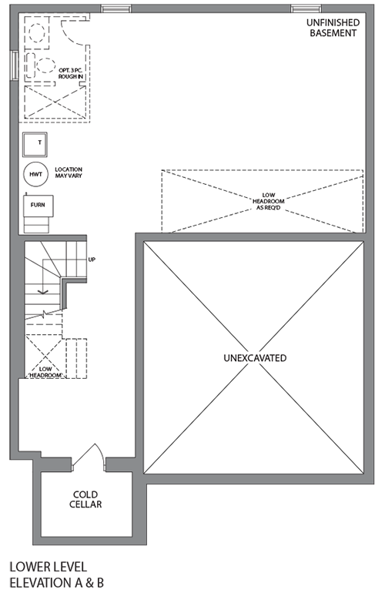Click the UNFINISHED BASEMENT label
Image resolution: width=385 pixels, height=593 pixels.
pos(333,28)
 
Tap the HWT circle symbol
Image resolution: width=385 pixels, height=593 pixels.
pos(36,174)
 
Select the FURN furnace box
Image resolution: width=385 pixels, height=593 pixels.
pos(38,206)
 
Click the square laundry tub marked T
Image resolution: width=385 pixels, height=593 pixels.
pos(35,144)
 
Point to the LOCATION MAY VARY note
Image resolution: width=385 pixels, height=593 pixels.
pos(69,173)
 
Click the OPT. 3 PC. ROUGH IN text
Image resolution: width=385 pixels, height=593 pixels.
pos(71,73)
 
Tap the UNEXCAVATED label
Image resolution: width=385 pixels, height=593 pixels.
pos(255,358)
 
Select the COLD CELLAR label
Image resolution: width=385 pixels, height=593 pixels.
pos(85,499)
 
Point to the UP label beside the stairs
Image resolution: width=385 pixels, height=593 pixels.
pos(92,260)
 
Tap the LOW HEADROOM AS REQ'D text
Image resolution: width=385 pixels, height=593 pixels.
pos(268,202)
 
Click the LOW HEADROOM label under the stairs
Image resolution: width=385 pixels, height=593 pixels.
pos(45,372)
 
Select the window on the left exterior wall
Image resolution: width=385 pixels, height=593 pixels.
pos(15,65)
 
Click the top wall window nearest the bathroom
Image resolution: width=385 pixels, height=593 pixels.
pos(116,8)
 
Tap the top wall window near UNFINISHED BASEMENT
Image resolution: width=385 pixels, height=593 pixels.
pos(306,8)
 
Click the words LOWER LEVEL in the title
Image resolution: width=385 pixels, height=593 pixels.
pos(48,567)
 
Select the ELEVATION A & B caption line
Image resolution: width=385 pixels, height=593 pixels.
pos(56,582)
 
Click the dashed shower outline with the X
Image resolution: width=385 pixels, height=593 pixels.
pos(55,102)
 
